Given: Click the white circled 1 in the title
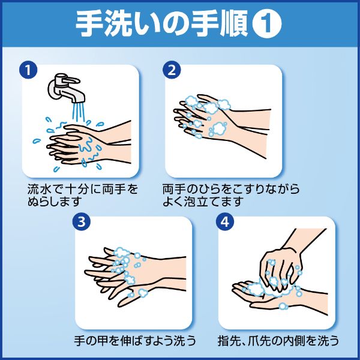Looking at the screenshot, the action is pyautogui.click(x=267, y=24).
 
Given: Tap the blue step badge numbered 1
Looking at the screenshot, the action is pyautogui.click(x=28, y=70).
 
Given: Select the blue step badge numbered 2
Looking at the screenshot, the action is pyautogui.click(x=172, y=70).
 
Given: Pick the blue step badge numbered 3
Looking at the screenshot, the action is pyautogui.click(x=82, y=222).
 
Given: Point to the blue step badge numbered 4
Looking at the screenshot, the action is pyautogui.click(x=225, y=222).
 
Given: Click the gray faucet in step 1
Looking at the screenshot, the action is pyautogui.click(x=65, y=88).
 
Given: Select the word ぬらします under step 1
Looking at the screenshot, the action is pyautogui.click(x=55, y=202).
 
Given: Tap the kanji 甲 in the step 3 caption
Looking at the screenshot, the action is pyautogui.click(x=103, y=341).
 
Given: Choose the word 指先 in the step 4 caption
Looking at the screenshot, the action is pyautogui.click(x=229, y=341).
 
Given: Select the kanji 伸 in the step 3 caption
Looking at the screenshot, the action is pyautogui.click(x=126, y=341).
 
